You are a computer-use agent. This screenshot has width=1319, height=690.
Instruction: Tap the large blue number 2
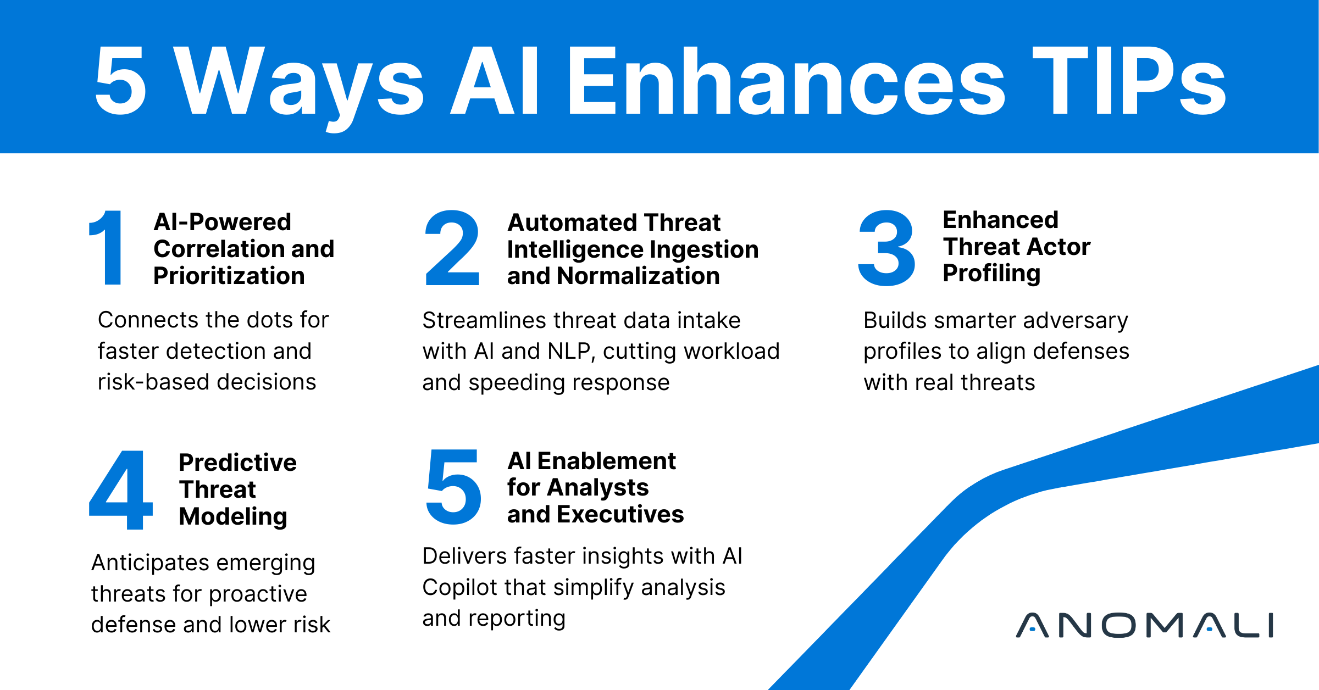452,248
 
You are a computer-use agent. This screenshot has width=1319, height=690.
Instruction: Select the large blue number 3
886,248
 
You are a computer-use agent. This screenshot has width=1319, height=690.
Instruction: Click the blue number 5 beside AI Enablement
454,487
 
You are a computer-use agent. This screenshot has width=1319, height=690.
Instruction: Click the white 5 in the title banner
121,81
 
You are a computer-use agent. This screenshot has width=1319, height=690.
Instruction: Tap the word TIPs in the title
1129,81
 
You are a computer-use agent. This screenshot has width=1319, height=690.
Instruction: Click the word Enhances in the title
786,81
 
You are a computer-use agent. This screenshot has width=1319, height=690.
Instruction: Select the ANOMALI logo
1144,625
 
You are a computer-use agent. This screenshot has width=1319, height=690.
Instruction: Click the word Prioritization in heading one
229,276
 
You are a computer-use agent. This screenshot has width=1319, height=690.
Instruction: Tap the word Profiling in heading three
991,274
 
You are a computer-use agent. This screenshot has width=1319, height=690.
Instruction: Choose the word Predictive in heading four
237,463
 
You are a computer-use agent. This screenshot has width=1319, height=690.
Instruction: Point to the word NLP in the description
572,352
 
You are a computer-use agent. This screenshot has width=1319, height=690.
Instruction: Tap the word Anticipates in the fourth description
150,563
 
